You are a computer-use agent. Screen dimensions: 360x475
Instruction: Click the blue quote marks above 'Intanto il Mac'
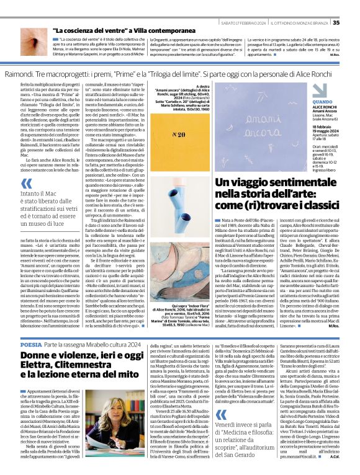pyautogui.click(x=27, y=184)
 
